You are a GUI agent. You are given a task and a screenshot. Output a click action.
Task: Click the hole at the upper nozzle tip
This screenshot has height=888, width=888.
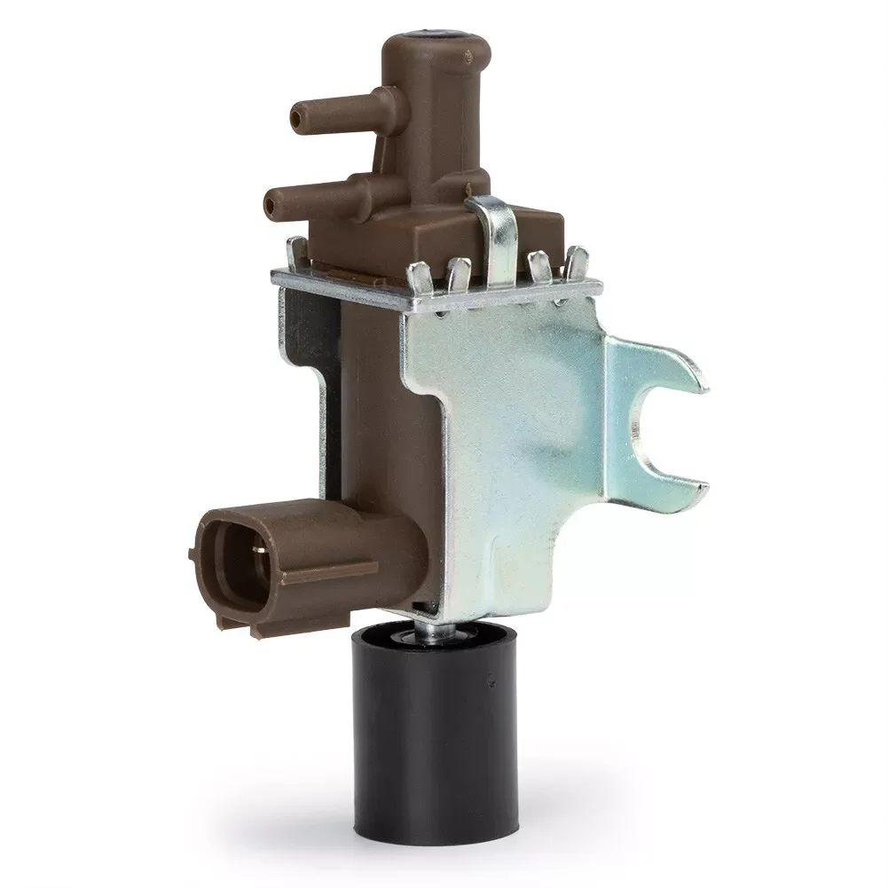(x=294, y=116)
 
